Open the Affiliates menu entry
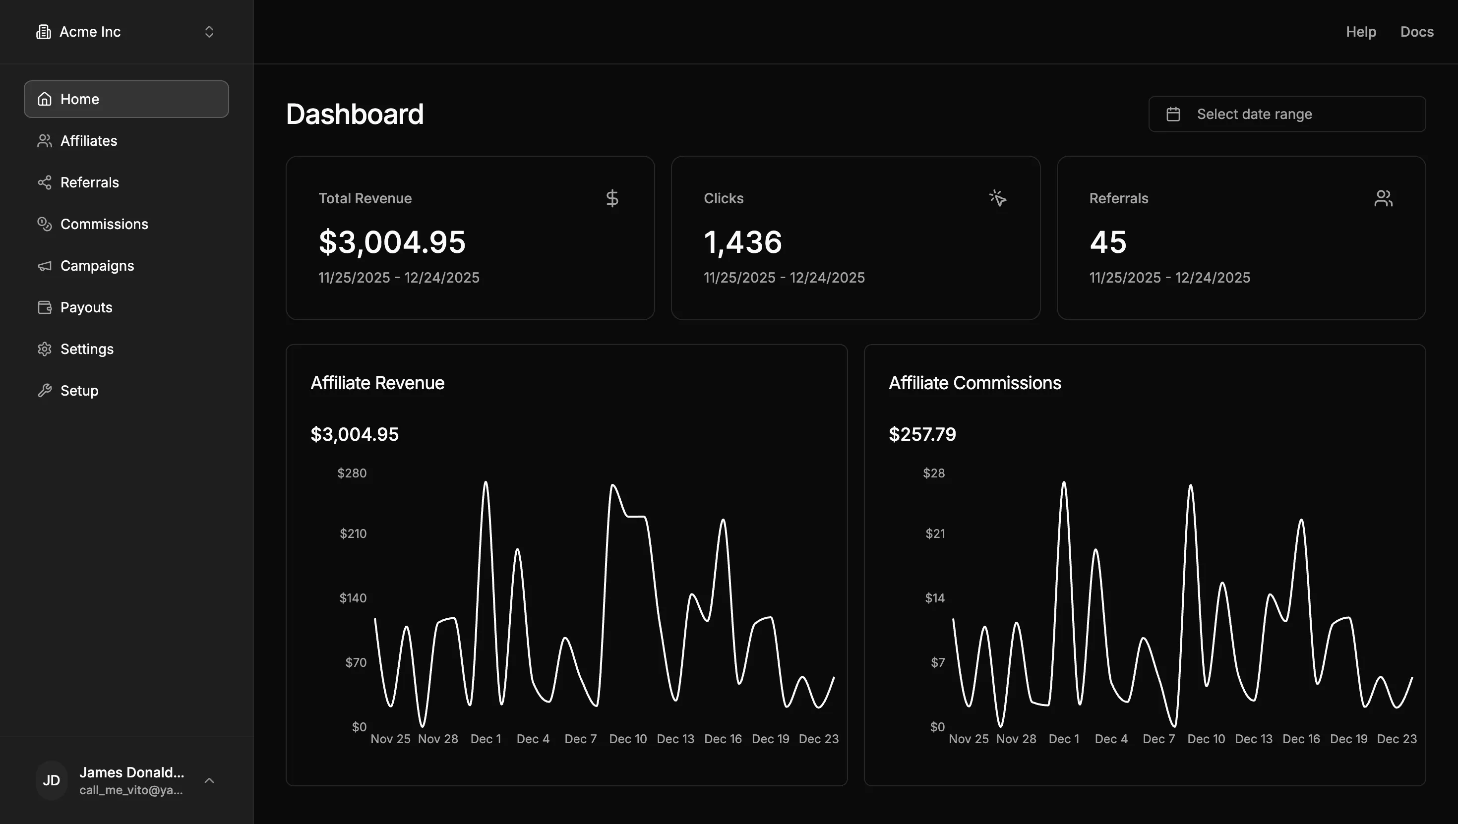[88, 141]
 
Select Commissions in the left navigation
[104, 224]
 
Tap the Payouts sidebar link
[86, 307]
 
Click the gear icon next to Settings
[44, 349]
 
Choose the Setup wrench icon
[44, 391]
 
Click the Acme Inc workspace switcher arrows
[209, 32]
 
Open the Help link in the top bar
[1360, 32]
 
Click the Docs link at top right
[1416, 32]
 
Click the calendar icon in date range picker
[1173, 115]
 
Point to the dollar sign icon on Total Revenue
[611, 199]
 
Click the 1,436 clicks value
[742, 242]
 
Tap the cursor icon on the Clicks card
[997, 198]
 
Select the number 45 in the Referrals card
[1108, 242]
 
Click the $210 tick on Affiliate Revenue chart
[353, 533]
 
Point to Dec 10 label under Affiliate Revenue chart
[627, 739]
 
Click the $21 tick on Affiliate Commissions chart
[934, 533]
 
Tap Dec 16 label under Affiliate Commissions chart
[1301, 739]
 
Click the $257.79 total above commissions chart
[921, 435]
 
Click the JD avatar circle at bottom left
[52, 780]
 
